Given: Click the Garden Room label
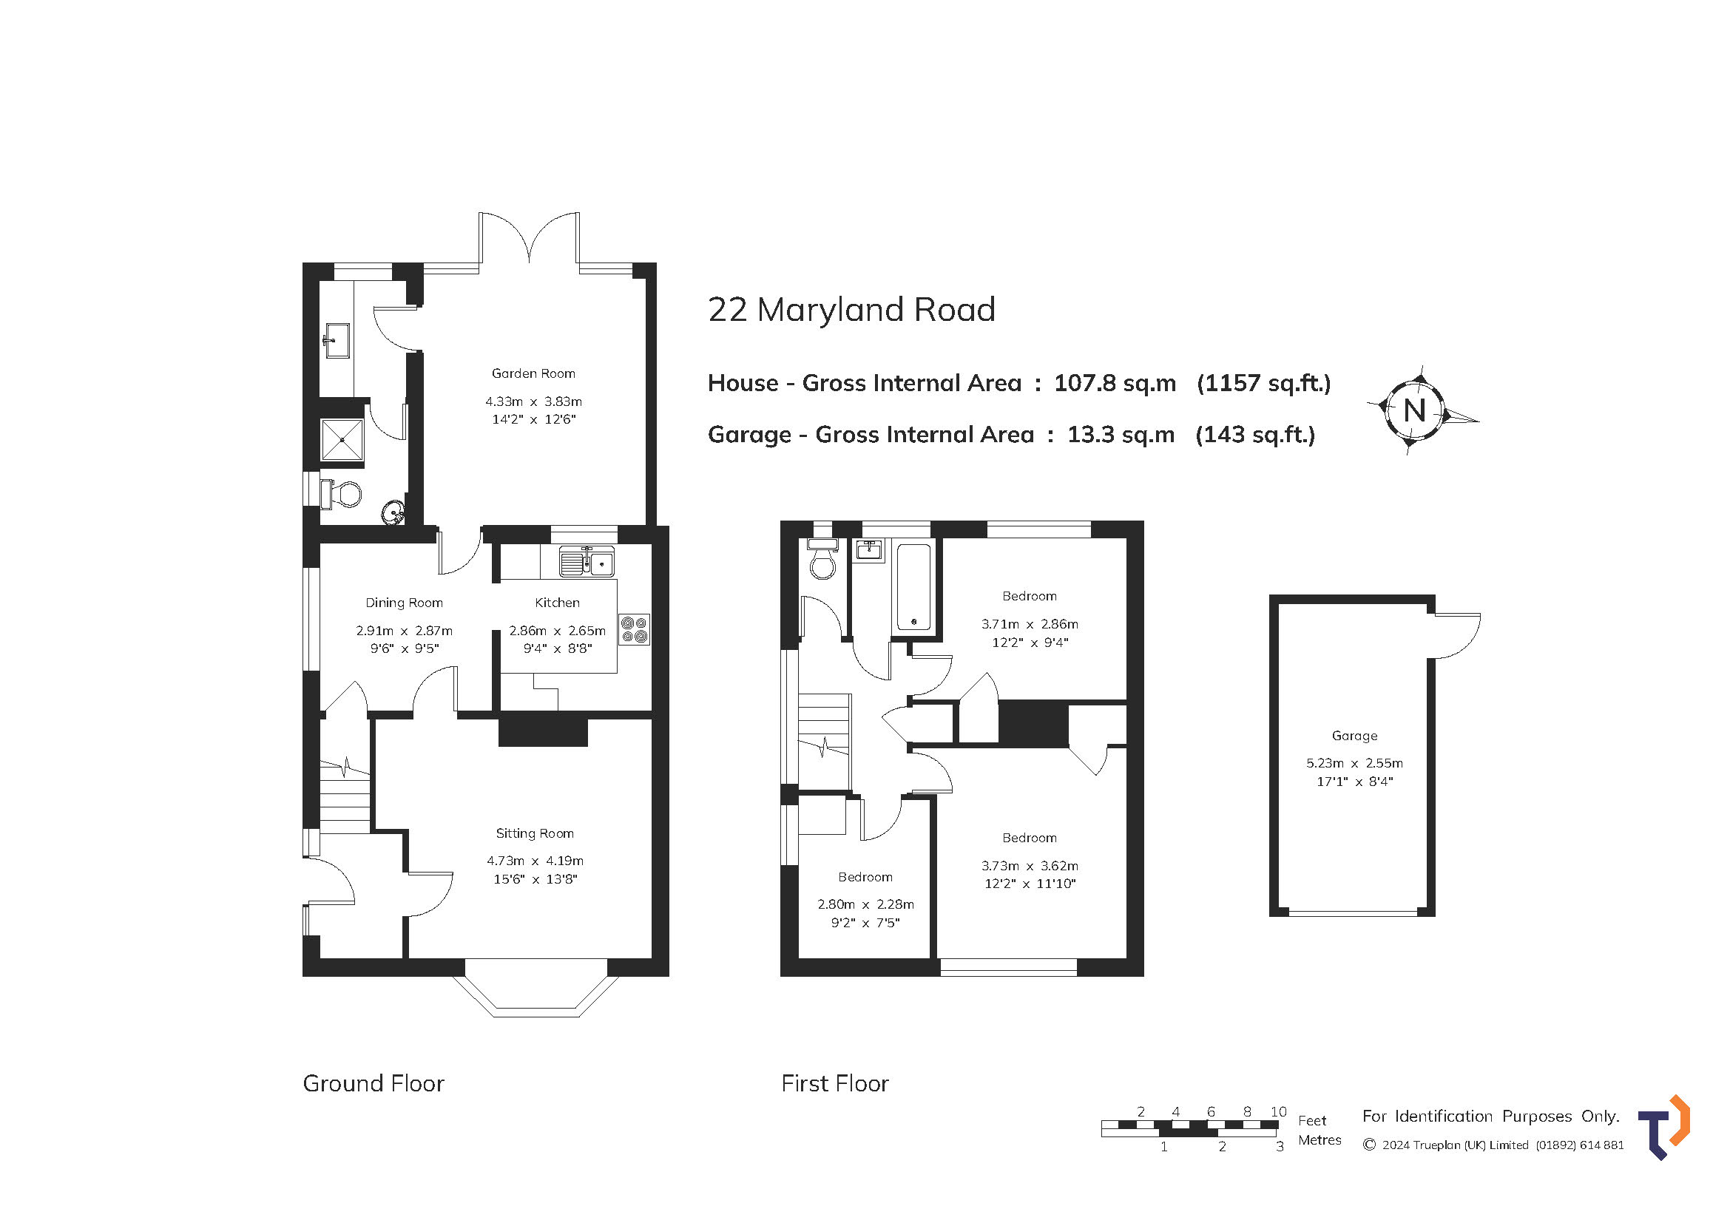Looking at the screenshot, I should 533,373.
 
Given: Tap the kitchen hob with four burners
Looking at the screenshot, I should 634,629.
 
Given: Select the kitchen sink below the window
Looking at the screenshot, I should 587,562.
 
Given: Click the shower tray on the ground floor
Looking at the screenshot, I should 342,439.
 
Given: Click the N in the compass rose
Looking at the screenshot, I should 1414,411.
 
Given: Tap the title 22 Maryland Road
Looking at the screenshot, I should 851,310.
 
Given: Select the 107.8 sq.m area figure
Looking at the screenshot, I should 1115,383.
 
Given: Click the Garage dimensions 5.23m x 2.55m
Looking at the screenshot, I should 1354,763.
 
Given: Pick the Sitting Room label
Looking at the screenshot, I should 534,833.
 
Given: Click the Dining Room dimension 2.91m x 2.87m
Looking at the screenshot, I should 404,630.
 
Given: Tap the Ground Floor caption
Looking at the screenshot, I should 373,1084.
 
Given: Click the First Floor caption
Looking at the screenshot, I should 835,1084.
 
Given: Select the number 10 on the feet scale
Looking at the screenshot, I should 1278,1111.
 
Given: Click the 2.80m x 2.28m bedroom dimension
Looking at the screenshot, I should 865,904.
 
